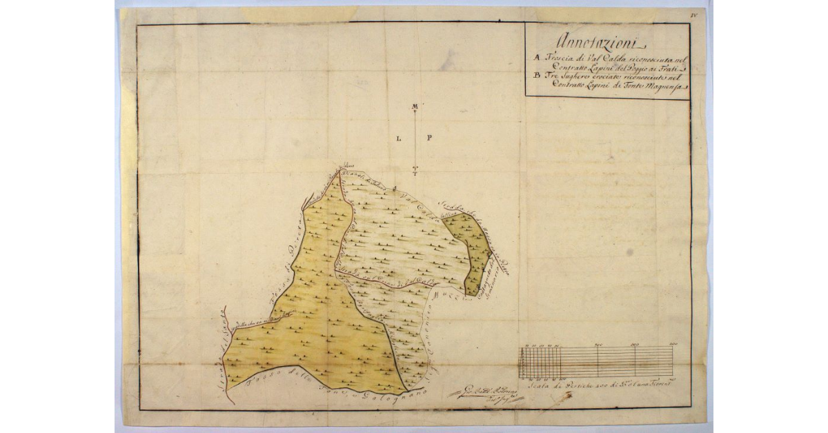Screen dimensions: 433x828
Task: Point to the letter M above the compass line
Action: (415, 106)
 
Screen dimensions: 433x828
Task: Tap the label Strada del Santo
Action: (222, 359)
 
